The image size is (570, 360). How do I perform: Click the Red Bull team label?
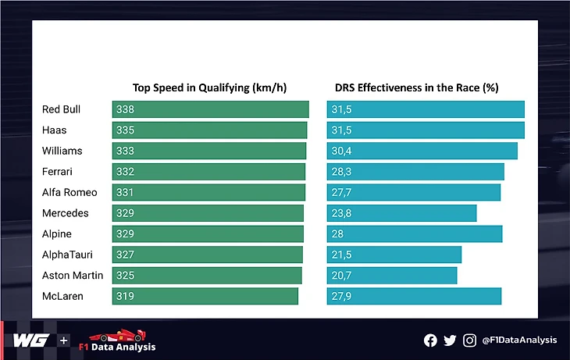point(61,109)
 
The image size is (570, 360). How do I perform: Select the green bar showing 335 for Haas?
point(209,130)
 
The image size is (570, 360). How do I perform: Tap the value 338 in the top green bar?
point(125,109)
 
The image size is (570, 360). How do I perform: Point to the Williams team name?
point(62,151)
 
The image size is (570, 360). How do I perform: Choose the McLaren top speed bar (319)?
point(205,296)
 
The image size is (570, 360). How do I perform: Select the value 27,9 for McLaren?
point(342,296)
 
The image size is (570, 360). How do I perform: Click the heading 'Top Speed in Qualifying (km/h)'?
point(210,87)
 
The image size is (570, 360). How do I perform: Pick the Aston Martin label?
point(73,276)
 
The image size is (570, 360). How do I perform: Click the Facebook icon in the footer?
point(430,340)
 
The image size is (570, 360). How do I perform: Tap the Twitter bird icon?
point(450,340)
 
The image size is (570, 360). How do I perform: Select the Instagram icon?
point(469,340)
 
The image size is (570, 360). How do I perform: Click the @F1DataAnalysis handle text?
point(519,340)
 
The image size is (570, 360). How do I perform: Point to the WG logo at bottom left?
point(31,340)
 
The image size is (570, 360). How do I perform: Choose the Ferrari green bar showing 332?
point(208,172)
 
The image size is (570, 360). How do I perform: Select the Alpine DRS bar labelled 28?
point(415,234)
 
